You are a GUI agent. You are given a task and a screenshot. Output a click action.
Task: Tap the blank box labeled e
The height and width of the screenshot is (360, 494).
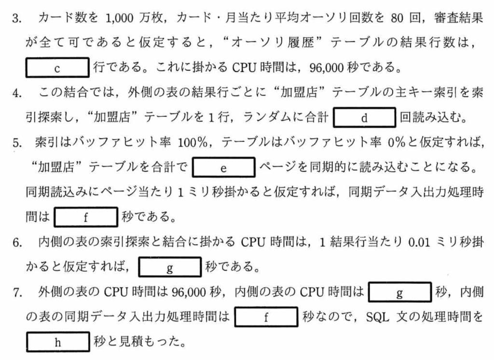(223, 168)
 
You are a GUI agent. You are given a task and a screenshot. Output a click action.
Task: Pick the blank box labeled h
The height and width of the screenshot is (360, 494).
(57, 344)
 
